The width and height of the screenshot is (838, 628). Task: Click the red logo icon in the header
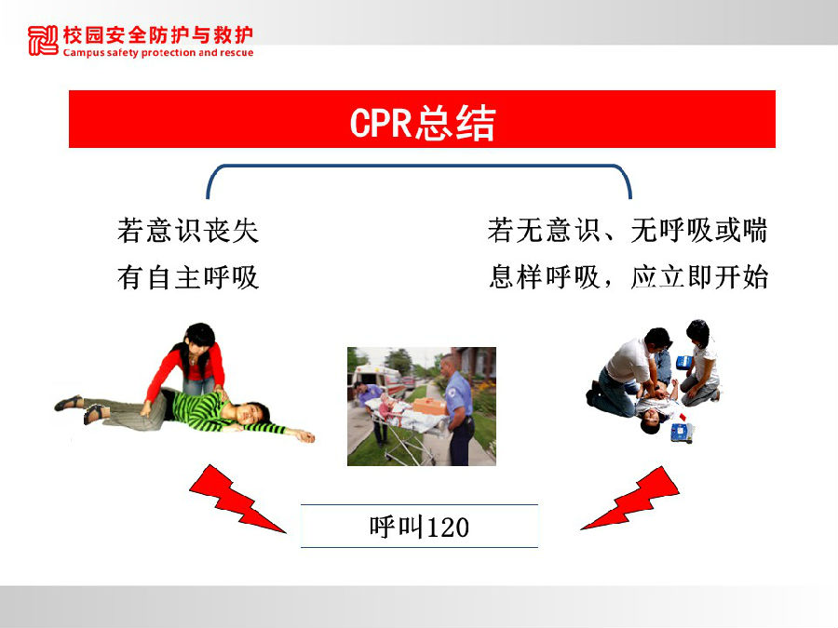pos(43,40)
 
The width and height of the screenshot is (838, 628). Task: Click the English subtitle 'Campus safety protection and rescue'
pos(158,53)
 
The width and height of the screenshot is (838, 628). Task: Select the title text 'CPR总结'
pos(422,124)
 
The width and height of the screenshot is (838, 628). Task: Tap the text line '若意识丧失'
pos(188,231)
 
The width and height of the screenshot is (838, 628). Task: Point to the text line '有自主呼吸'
pos(188,277)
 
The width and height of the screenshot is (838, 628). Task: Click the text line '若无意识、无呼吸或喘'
pos(628,231)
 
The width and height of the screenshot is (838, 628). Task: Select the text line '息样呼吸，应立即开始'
pos(628,277)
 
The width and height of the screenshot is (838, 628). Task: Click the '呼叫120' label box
pos(419,527)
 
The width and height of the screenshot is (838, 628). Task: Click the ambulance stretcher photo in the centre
pos(422,407)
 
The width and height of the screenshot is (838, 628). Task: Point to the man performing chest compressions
pos(629,374)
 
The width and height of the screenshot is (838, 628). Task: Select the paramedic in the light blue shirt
pos(457,408)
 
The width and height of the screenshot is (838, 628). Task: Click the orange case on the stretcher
pos(429,407)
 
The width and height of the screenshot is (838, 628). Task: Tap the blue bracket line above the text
pos(419,167)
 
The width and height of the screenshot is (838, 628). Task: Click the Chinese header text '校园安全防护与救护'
pos(158,35)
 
